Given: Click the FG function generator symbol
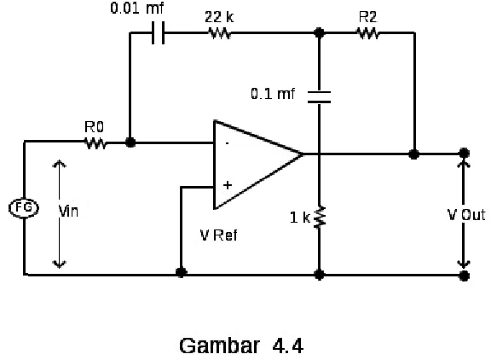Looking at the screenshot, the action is point(24,208).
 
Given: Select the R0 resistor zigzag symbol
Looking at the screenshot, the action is point(95,143).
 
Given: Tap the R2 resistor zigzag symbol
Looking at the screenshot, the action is point(367,33).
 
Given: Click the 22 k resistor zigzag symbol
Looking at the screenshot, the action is point(220,33).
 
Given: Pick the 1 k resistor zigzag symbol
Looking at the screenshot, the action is point(319,218).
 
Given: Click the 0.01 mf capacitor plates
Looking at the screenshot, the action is point(159,32).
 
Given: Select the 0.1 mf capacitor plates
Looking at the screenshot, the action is point(319,96).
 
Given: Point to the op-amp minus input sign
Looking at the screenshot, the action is point(228,143).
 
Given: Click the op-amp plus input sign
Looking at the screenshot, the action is point(228,185).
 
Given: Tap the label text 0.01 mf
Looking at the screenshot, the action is point(137,8).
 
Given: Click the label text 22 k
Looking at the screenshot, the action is point(219,17).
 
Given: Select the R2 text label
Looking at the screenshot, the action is point(368,17).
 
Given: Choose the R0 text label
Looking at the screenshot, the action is point(94,127).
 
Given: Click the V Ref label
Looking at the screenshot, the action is point(218,235).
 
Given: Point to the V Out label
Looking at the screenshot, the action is point(466,215).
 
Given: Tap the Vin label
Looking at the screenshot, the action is point(68,211).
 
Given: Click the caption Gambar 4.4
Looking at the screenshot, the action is point(241,345).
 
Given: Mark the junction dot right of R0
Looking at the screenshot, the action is point(130,142).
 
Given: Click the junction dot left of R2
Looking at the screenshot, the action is point(319,32).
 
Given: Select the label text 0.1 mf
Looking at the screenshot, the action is point(273,94).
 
